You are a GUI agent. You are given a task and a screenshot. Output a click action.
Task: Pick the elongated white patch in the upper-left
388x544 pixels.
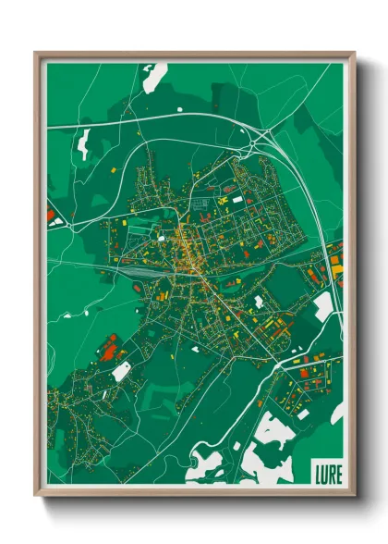(84, 143)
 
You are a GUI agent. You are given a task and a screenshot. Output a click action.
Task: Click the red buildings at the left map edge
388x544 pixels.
(51, 216)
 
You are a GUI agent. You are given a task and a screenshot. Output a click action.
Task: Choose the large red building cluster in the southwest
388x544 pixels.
(109, 349)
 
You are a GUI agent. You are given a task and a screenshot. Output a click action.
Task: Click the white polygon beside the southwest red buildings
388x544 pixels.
(122, 371)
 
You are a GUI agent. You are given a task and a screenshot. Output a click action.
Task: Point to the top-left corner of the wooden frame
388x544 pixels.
(36, 54)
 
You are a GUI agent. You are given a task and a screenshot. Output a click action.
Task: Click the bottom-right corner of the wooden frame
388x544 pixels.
(354, 496)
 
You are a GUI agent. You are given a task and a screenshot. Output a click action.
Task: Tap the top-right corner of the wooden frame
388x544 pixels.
(354, 54)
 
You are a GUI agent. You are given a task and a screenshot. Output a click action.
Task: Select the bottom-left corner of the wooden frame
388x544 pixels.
(36, 496)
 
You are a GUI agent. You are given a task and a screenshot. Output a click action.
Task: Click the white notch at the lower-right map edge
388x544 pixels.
(338, 412)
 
